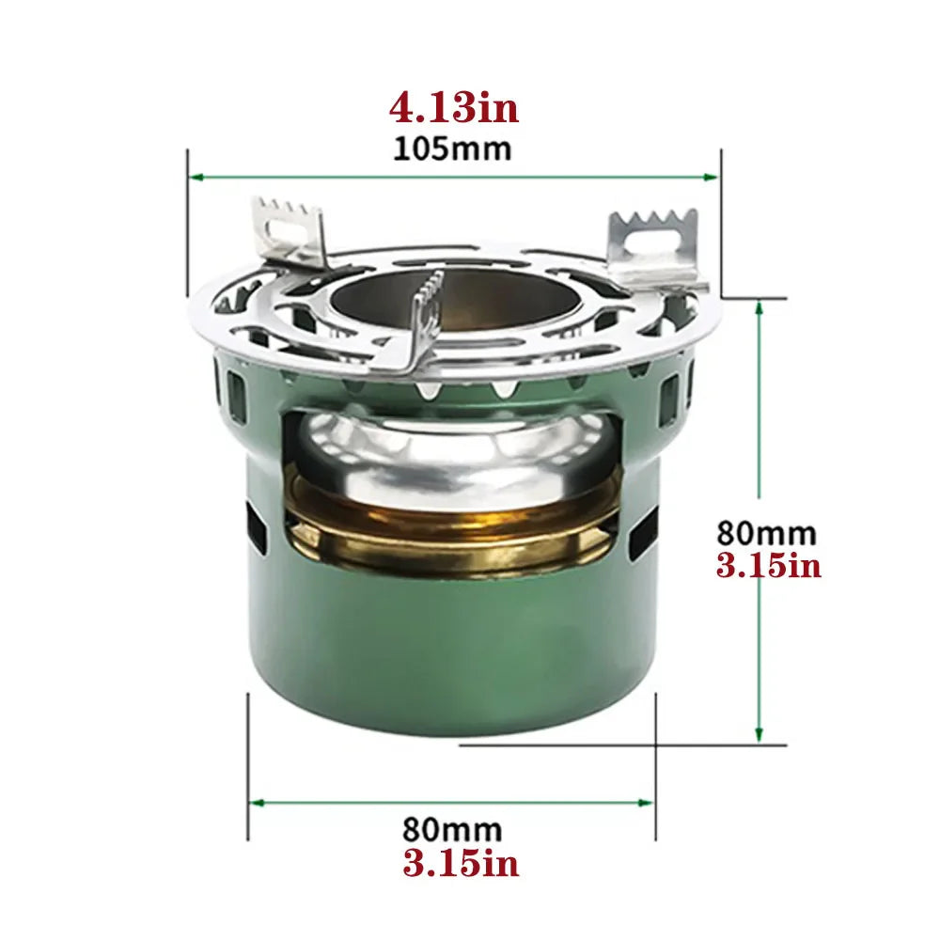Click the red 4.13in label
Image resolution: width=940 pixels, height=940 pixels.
pyautogui.click(x=453, y=108)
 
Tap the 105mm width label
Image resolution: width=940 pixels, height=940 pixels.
pyautogui.click(x=453, y=149)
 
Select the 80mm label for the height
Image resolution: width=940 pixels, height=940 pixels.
pyautogui.click(x=767, y=532)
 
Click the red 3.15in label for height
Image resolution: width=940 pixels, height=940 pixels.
pyautogui.click(x=769, y=566)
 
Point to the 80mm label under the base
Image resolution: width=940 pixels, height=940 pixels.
pyautogui.click(x=452, y=830)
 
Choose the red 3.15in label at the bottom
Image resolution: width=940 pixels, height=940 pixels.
pyautogui.click(x=461, y=863)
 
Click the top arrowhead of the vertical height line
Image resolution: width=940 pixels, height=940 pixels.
pyautogui.click(x=759, y=306)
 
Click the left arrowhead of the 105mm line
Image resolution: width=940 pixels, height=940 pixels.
pyautogui.click(x=195, y=176)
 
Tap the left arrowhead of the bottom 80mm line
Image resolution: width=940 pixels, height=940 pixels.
pyautogui.click(x=255, y=802)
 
